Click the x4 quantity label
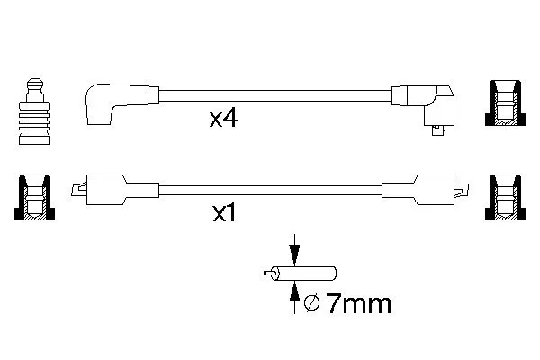click(223, 119)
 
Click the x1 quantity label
click(224, 213)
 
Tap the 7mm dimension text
click(359, 303)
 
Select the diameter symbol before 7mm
click(312, 302)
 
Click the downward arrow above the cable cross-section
click(294, 250)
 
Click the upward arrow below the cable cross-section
click(294, 297)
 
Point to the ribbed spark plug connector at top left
click(35, 112)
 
